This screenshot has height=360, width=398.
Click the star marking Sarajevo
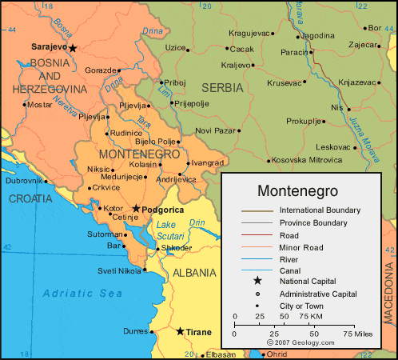pos(73,48)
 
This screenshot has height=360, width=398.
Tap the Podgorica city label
pos(165,209)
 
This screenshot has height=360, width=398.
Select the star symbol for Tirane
pos(180,331)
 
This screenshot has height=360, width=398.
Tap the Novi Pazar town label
pos(217,130)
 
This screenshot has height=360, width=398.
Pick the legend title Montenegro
pos(297,191)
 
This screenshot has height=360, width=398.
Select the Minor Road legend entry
pos(300,247)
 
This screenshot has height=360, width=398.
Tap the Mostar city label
pos(39,104)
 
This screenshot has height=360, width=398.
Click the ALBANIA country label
pos(195,273)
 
